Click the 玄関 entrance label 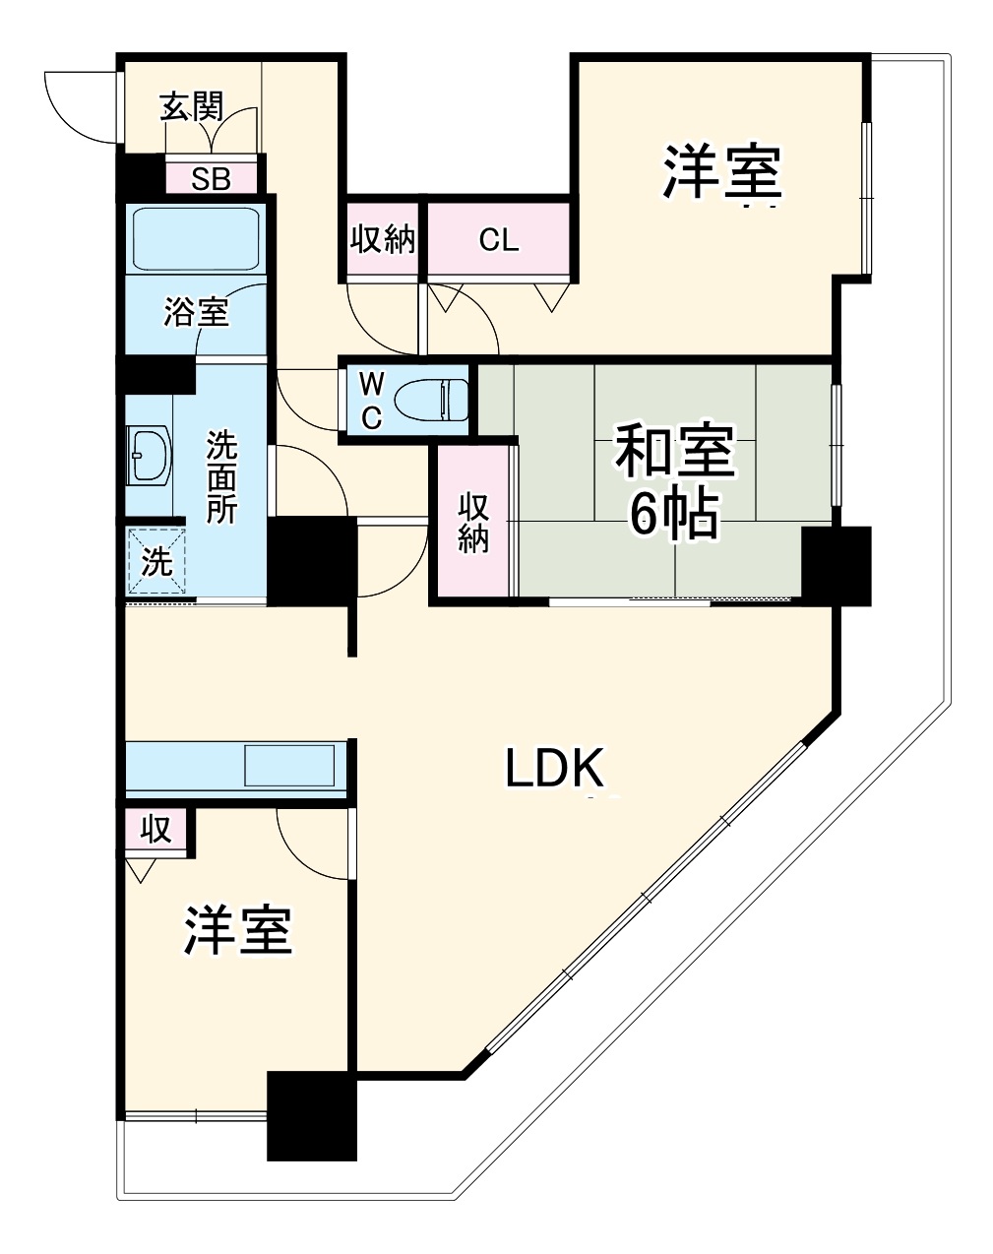193,106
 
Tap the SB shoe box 211,179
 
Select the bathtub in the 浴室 195,238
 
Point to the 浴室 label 196,313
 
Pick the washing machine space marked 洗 155,562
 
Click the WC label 371,400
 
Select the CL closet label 498,240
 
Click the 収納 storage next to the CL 383,239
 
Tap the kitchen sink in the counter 289,766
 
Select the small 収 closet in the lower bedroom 156,830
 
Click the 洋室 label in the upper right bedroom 721,171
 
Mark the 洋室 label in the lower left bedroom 237,930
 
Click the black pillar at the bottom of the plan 312,1115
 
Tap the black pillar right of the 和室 837,566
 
